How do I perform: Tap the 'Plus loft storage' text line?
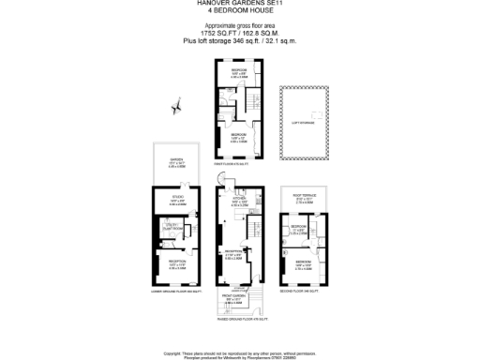[239, 41]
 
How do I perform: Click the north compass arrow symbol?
[174, 108]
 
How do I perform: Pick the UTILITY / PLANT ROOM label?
[172, 225]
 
